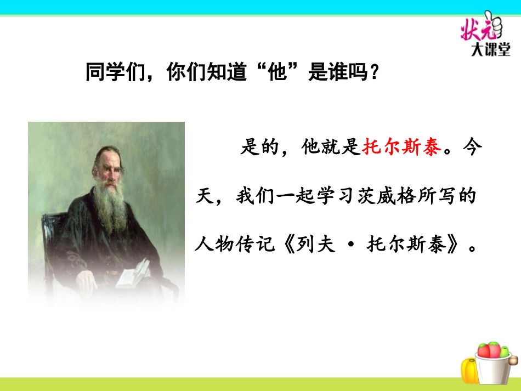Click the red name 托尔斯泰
pyautogui.click(x=402, y=146)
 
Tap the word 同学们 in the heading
pyautogui.click(x=116, y=72)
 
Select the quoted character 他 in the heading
pyautogui.click(x=278, y=72)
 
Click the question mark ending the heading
pyautogui.click(x=375, y=72)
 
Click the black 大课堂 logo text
pyautogui.click(x=490, y=50)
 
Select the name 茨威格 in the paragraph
pyautogui.click(x=387, y=196)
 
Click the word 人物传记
pyautogui.click(x=235, y=244)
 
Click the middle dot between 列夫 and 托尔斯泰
pyautogui.click(x=350, y=245)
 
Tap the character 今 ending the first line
pyautogui.click(x=472, y=146)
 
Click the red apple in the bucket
pyautogui.click(x=484, y=351)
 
